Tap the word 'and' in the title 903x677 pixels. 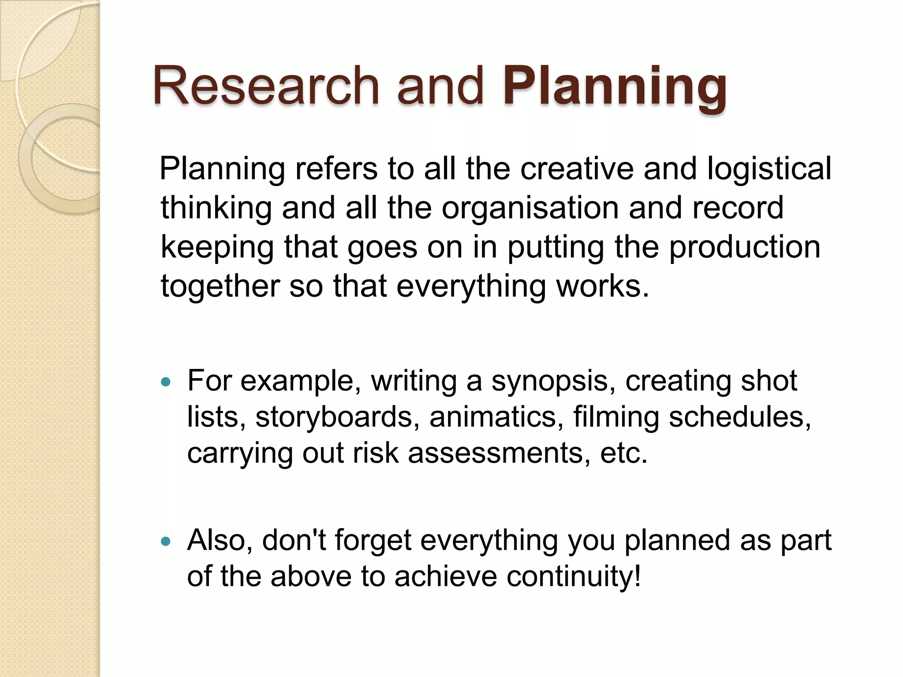pos(440,86)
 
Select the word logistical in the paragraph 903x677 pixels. pos(769,169)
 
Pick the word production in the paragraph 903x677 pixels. pos(745,247)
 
